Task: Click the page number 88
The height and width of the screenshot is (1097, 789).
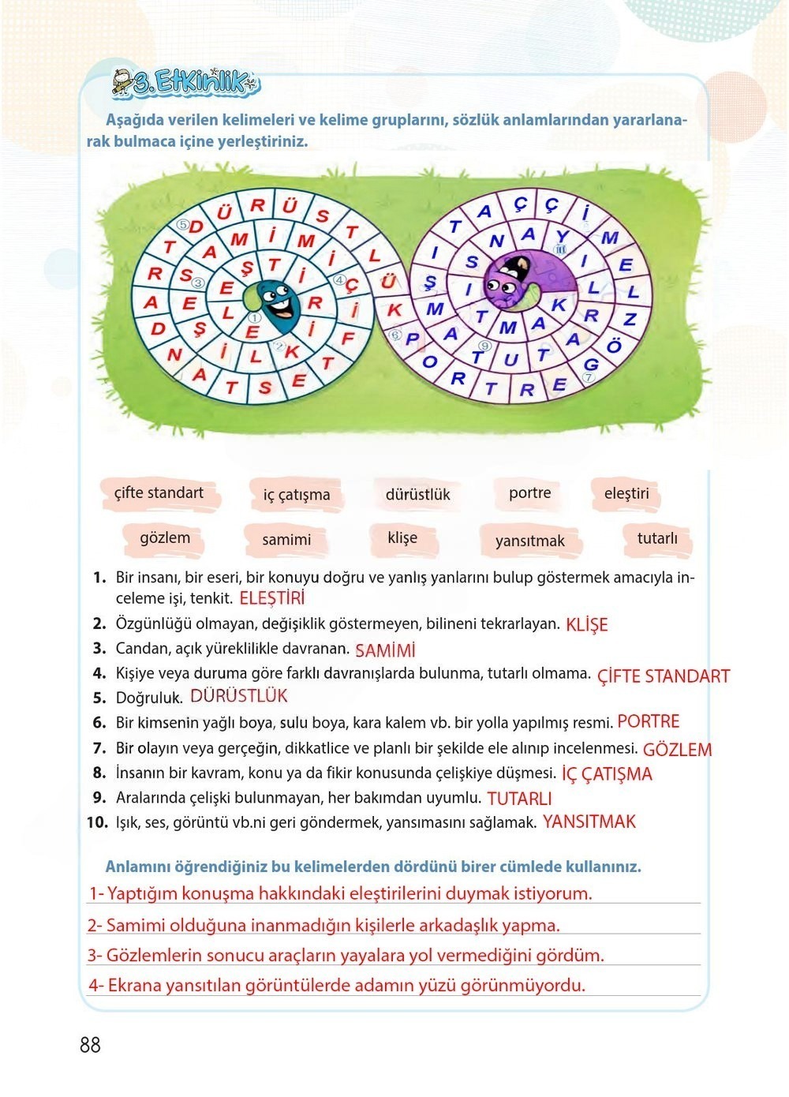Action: [x=90, y=1045]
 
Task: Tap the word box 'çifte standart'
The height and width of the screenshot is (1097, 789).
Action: [x=159, y=493]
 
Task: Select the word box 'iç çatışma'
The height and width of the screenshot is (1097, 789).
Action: [x=297, y=495]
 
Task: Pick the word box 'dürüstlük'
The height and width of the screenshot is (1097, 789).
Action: [x=417, y=495]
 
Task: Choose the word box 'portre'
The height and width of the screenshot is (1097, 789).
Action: [x=530, y=493]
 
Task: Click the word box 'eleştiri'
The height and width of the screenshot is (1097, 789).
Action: [x=626, y=494]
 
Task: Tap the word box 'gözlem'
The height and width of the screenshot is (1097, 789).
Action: [x=165, y=538]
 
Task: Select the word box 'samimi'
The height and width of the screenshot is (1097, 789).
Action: [x=286, y=540]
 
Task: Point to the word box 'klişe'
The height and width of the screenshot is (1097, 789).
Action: [x=402, y=538]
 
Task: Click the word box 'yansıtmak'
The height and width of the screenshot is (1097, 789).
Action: [x=530, y=541]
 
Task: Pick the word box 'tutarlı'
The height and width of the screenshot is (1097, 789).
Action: [x=657, y=538]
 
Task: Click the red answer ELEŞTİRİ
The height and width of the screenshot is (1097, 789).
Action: [x=271, y=598]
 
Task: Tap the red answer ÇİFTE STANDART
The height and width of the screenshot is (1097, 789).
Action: [x=663, y=676]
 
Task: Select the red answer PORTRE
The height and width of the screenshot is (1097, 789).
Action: [x=648, y=721]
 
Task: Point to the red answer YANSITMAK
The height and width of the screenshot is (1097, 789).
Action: [x=589, y=822]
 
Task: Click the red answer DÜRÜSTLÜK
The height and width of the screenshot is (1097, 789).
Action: [x=238, y=696]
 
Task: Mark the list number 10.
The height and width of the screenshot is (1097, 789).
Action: [x=97, y=822]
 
